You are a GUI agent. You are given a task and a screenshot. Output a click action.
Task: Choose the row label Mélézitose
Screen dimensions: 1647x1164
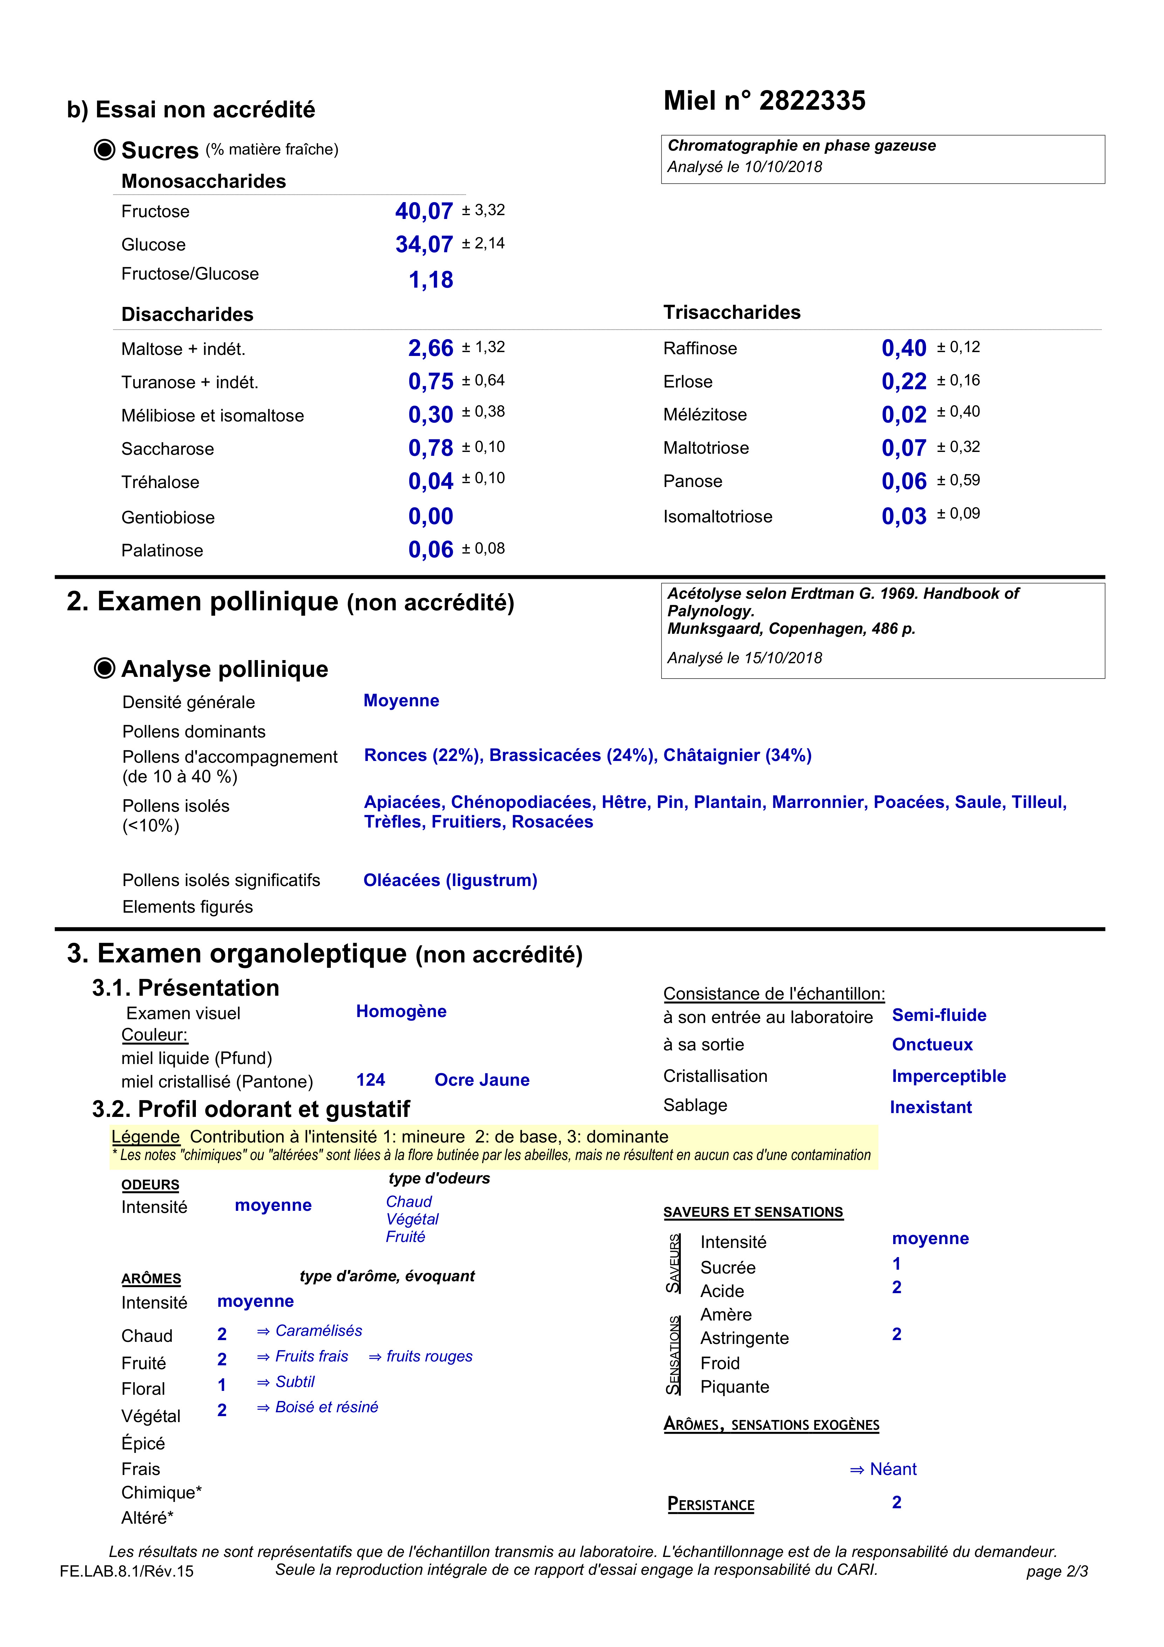point(705,414)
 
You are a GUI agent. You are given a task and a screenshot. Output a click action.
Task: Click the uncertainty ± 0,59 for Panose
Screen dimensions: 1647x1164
point(958,480)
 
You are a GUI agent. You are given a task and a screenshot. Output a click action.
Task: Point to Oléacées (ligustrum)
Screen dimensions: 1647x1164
point(450,880)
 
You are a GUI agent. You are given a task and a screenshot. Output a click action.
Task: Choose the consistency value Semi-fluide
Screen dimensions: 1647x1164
point(939,1015)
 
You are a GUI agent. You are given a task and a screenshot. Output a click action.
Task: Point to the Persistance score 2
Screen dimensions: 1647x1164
point(896,1502)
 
